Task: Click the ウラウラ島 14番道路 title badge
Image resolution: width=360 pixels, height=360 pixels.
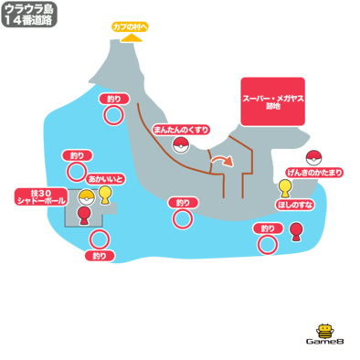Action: [29, 15]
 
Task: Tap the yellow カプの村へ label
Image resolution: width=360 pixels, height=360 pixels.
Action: [130, 26]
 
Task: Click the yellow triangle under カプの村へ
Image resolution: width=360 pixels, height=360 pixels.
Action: [132, 38]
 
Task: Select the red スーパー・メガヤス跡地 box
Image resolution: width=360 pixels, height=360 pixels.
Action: [273, 101]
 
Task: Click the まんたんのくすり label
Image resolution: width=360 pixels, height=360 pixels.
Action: [181, 130]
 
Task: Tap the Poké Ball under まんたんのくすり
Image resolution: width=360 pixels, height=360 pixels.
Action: [181, 144]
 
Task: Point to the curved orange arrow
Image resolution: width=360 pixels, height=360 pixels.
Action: [223, 161]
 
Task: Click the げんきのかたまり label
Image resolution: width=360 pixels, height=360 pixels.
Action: [315, 173]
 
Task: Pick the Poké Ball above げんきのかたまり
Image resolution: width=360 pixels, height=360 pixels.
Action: [314, 158]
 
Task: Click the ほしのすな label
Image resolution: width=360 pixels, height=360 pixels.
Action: [295, 205]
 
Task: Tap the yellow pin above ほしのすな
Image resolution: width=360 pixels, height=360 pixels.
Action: [285, 189]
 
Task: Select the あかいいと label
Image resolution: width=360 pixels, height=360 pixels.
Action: [105, 179]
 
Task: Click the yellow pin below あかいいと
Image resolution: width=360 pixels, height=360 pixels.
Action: [105, 195]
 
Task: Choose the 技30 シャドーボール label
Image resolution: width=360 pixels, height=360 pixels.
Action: [41, 196]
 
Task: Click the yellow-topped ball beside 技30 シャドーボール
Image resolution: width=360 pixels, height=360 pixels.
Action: [87, 197]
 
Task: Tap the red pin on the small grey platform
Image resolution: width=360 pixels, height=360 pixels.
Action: [84, 216]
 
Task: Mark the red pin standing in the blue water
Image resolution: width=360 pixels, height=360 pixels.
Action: [295, 232]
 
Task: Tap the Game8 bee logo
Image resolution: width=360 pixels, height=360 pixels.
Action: [324, 334]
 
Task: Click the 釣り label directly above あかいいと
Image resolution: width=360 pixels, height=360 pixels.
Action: [78, 156]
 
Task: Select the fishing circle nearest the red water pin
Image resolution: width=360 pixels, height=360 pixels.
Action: [268, 244]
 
